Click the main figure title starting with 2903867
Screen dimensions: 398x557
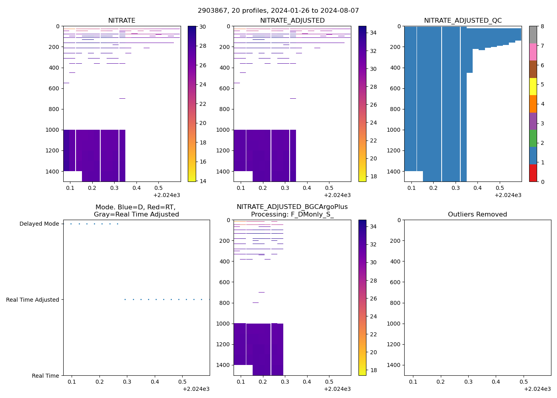click(x=278, y=10)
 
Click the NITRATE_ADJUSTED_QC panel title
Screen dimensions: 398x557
click(x=463, y=20)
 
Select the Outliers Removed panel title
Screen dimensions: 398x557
click(x=477, y=214)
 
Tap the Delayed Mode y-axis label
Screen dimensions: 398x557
click(x=39, y=224)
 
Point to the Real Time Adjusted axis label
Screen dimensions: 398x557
click(x=32, y=300)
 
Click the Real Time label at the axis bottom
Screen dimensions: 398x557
click(x=45, y=376)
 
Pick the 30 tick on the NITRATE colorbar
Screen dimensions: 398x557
click(x=203, y=27)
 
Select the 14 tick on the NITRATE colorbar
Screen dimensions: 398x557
click(x=203, y=181)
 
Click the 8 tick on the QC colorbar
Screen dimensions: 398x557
click(x=541, y=26)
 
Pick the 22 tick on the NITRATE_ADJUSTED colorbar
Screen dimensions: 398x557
click(x=373, y=140)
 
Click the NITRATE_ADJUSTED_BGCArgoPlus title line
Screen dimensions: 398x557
click(x=292, y=207)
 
